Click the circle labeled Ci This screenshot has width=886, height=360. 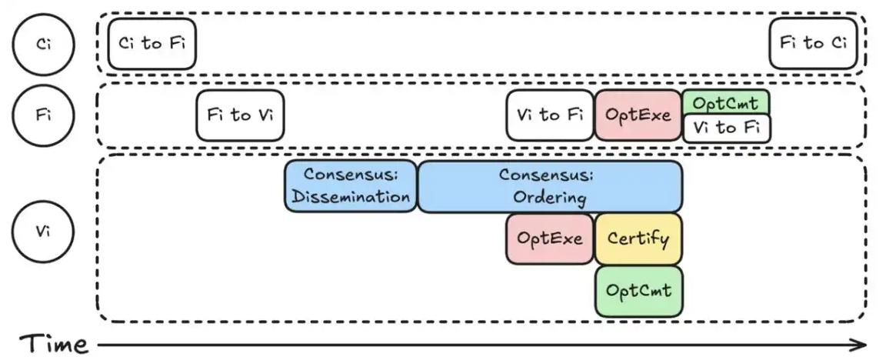click(44, 44)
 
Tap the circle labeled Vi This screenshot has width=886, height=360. click(44, 232)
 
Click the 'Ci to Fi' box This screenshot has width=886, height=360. click(152, 43)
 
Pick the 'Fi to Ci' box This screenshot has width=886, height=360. click(813, 43)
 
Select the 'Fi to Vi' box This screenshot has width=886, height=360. click(240, 115)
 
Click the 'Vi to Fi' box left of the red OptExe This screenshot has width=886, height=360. click(550, 115)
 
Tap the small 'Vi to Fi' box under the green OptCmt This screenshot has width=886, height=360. click(727, 128)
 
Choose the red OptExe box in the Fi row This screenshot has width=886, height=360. click(638, 115)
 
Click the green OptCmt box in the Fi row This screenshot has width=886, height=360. click(725, 102)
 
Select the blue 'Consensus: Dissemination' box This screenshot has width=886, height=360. click(351, 186)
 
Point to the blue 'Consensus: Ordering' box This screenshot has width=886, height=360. click(549, 186)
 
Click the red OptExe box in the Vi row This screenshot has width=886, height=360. click(550, 238)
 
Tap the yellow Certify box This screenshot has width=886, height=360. click(638, 238)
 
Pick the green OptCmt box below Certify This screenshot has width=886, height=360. click(638, 291)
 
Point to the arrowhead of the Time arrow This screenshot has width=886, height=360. click(862, 344)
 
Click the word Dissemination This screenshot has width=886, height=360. click(351, 197)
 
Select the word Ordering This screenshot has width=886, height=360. click(549, 197)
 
